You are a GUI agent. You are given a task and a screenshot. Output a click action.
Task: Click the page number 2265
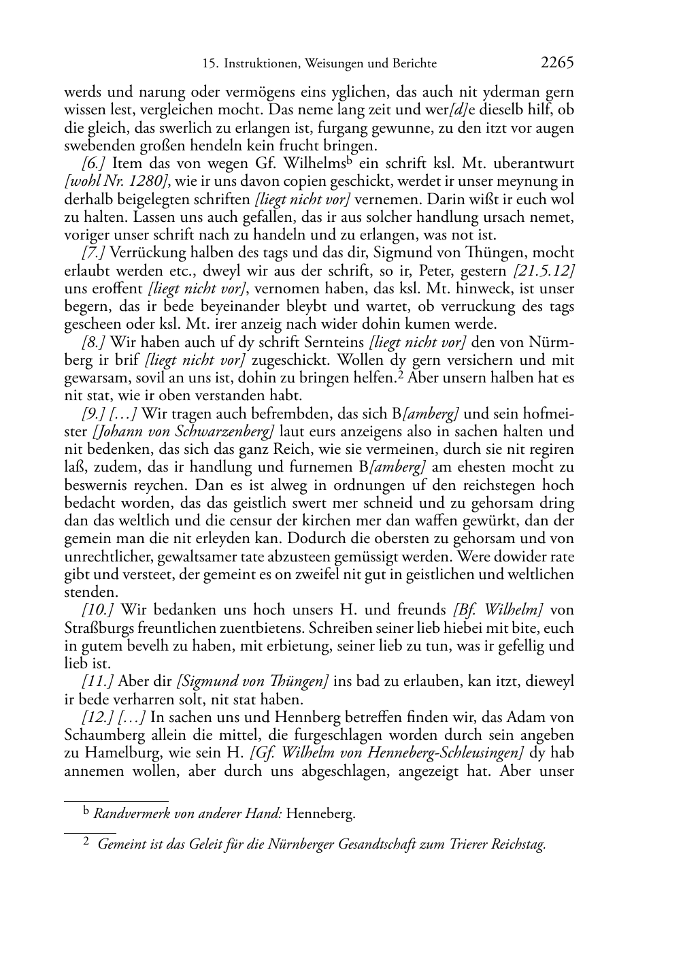click(x=557, y=63)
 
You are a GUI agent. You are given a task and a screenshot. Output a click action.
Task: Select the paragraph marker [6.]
click(x=93, y=163)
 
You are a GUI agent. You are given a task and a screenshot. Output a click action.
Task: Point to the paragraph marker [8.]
click(x=93, y=342)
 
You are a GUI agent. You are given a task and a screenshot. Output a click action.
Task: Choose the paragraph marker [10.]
click(x=96, y=610)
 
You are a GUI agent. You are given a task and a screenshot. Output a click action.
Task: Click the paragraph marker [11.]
click(x=96, y=682)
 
